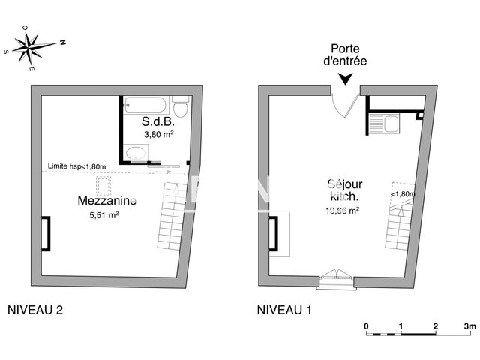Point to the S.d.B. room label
tap(157, 121)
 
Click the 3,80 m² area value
tap(158, 134)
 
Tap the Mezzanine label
tap(107, 200)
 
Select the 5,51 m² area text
tap(104, 214)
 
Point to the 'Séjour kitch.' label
tap(342, 190)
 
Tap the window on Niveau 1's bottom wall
tap(337, 280)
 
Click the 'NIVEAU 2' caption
tap(34, 309)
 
